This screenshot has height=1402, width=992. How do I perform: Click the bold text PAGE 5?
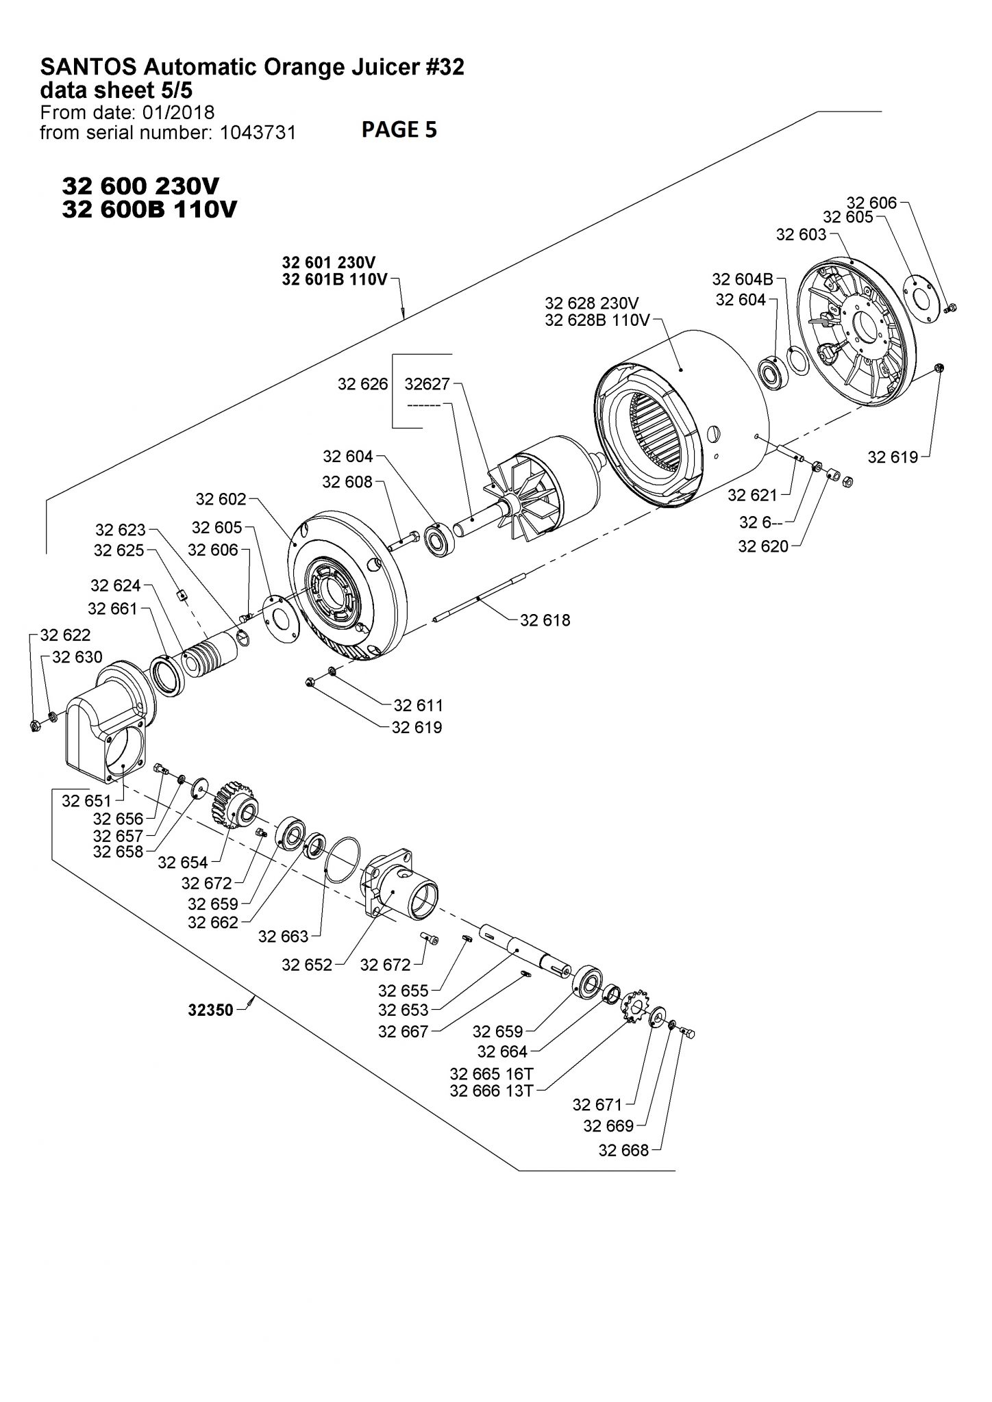click(399, 129)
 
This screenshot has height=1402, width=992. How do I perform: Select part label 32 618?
click(545, 620)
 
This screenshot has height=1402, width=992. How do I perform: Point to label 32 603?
click(801, 235)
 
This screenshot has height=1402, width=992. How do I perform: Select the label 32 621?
click(752, 495)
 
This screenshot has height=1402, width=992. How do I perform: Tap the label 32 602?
click(221, 499)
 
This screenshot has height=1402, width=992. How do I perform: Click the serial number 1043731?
click(258, 133)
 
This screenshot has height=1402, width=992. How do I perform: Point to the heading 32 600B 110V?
click(149, 209)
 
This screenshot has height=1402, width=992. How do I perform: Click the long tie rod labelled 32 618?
click(480, 598)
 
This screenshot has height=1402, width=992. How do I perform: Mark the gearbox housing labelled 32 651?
click(103, 732)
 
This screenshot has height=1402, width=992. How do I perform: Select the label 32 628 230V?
click(592, 303)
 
